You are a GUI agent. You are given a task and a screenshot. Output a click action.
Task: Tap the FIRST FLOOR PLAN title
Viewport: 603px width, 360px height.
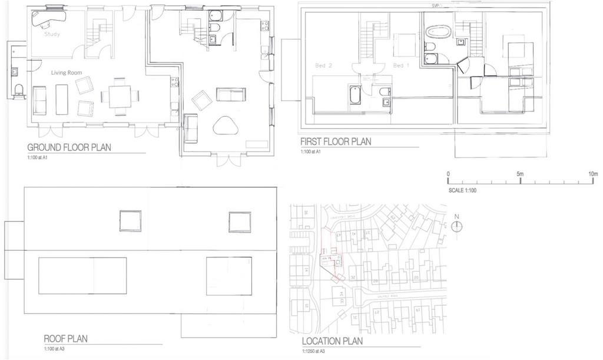336,142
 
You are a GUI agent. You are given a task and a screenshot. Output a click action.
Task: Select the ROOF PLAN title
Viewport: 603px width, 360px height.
65,339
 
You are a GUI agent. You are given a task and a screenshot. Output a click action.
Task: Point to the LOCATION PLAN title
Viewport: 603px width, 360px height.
332,341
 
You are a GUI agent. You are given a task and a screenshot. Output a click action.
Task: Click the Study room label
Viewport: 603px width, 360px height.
53,34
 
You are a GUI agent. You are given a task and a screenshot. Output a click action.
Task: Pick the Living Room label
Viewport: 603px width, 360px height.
67,73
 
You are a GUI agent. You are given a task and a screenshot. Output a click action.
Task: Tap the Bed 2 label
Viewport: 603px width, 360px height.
324,66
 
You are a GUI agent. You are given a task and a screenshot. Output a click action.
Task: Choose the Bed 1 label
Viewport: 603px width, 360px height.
402,66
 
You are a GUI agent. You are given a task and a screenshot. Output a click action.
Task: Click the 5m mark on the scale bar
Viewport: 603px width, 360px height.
520,174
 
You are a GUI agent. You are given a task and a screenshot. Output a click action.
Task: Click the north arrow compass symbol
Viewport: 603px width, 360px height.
458,226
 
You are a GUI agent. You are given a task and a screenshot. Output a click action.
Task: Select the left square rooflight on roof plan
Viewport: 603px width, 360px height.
130,221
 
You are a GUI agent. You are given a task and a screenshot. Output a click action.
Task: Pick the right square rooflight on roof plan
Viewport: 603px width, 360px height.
240,222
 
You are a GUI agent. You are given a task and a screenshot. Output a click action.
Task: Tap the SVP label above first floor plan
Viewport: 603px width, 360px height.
436,6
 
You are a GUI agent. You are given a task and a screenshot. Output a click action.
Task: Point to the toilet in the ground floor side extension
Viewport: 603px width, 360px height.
18,89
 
